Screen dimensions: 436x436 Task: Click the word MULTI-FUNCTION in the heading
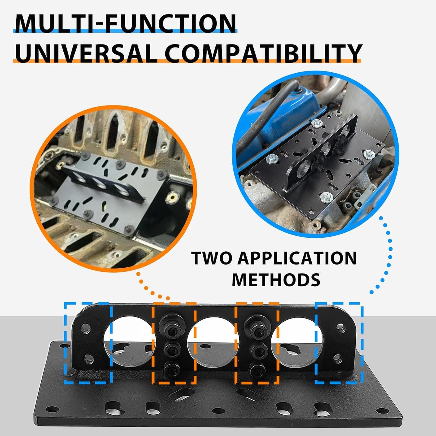tap(125, 23)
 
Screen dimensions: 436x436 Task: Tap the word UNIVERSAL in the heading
tap(86, 53)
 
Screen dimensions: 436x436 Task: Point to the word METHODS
tap(276, 279)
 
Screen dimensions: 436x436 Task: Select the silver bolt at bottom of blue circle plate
tap(327, 197)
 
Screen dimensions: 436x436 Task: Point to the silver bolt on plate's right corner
tap(369, 154)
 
